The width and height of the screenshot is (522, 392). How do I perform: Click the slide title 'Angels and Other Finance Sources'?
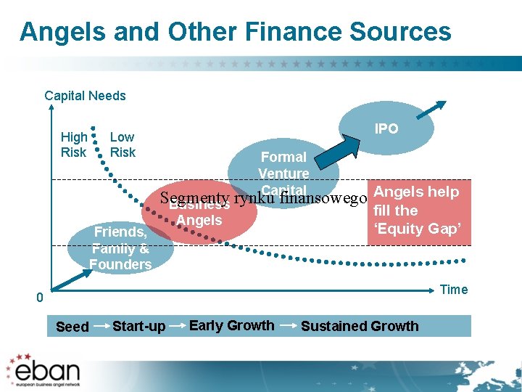[235, 32]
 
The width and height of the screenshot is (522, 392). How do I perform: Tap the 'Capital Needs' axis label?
[85, 96]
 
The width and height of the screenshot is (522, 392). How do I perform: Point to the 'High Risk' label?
[74, 144]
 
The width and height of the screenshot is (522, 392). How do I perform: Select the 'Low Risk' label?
[123, 144]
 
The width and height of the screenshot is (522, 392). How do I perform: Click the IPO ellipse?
[386, 128]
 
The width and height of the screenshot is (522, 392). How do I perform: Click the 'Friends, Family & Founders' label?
[120, 248]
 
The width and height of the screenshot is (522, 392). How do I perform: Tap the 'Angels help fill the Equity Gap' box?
[418, 211]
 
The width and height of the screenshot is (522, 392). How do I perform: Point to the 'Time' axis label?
[454, 290]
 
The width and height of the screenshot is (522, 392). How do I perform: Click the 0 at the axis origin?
[41, 298]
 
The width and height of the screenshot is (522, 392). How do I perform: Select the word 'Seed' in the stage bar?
[72, 327]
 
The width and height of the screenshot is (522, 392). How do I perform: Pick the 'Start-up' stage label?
[138, 327]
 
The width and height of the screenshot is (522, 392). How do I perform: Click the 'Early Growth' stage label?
[231, 325]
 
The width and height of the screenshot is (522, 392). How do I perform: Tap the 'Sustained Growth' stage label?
[360, 326]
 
